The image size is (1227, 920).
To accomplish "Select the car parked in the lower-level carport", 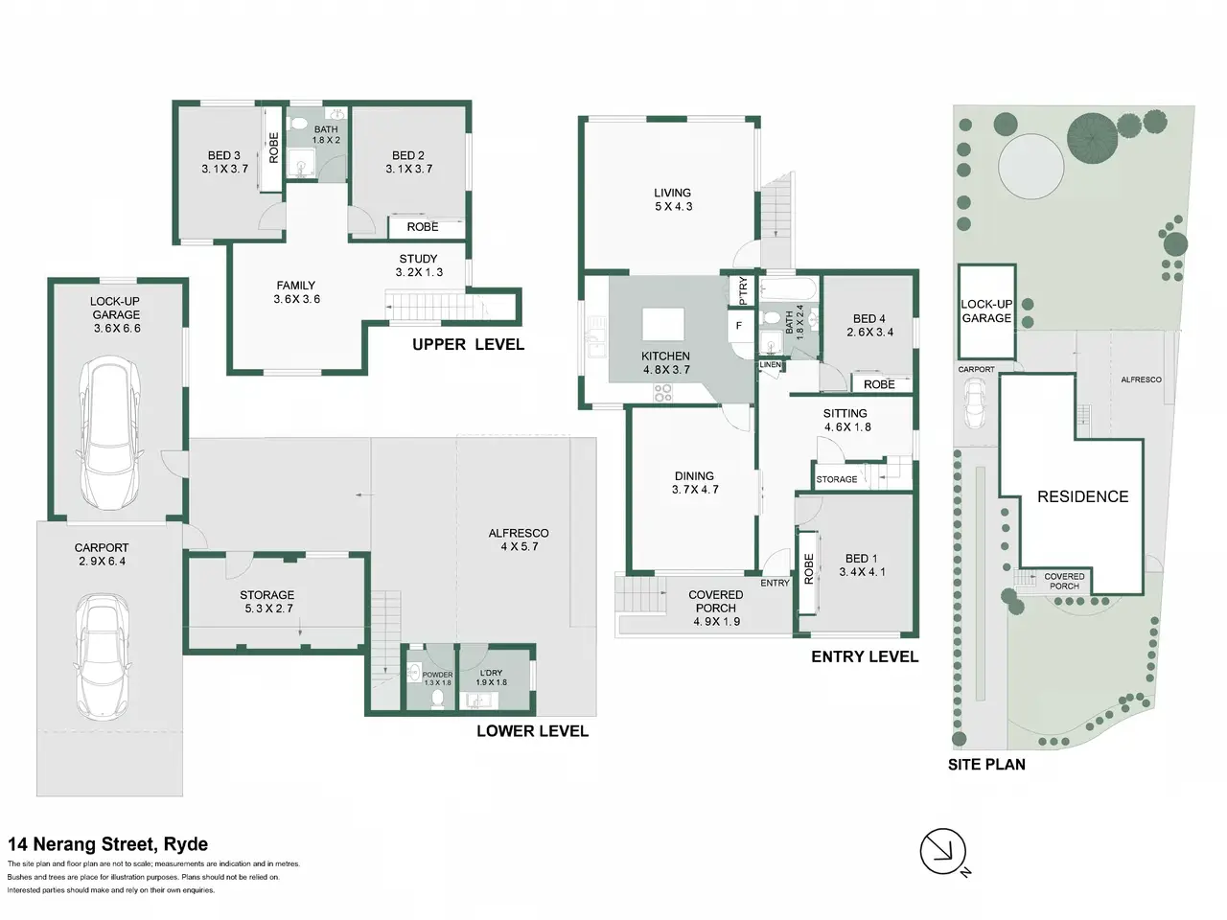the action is pyautogui.click(x=103, y=655).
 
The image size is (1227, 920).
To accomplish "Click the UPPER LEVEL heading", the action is pyautogui.click(x=469, y=345).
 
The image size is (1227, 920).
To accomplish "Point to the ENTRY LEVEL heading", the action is pyautogui.click(x=865, y=656).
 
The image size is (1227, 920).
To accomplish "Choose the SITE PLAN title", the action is pyautogui.click(x=986, y=764).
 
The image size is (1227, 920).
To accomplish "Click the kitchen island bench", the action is pyautogui.click(x=663, y=325).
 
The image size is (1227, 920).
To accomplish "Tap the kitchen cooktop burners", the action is pyautogui.click(x=663, y=393).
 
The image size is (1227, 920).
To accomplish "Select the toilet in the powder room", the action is pyautogui.click(x=438, y=699).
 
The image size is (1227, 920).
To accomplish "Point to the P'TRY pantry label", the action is pyautogui.click(x=742, y=290).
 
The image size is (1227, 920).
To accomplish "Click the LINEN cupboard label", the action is pyautogui.click(x=770, y=365).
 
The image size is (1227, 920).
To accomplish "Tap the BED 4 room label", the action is pyautogui.click(x=869, y=319).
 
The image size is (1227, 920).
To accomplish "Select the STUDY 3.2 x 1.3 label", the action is pyautogui.click(x=419, y=265).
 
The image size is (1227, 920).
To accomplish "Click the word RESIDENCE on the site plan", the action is pyautogui.click(x=1083, y=496).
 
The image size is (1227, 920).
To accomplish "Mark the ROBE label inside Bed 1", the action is pyautogui.click(x=808, y=568).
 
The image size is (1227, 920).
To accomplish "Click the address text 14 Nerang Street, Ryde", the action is pyautogui.click(x=108, y=844).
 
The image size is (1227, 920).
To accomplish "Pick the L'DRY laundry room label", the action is pyautogui.click(x=490, y=673).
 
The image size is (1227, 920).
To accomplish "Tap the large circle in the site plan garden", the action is pyautogui.click(x=1031, y=167).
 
